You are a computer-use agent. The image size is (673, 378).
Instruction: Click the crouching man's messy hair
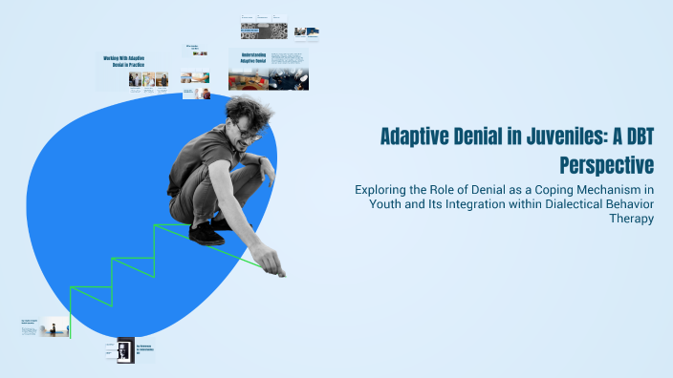[x=245, y=110]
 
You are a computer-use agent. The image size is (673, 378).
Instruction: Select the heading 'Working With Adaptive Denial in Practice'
[x=135, y=62]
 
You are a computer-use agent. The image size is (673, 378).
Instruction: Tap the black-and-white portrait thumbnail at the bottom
[x=124, y=350]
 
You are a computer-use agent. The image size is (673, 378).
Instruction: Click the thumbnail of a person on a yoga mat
[x=55, y=327]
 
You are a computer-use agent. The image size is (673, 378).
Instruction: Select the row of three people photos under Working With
[x=148, y=80]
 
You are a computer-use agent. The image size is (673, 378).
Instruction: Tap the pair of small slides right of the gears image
[x=306, y=32]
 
